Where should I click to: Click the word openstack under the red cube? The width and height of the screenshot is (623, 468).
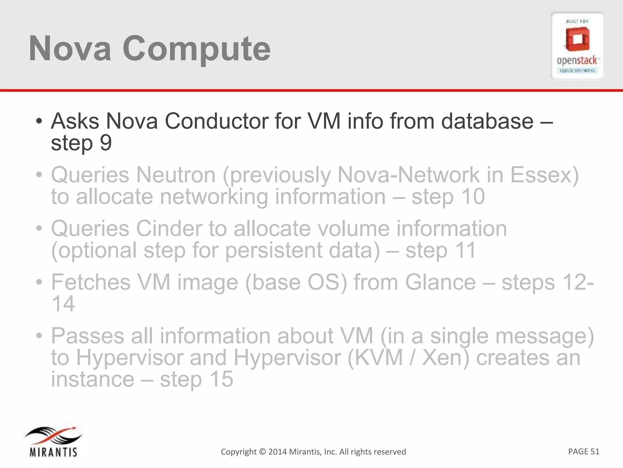(577, 61)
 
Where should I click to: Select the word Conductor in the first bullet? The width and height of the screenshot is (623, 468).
(216, 121)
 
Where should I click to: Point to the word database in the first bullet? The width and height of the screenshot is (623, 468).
(487, 121)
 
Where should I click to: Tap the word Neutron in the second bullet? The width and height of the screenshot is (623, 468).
(176, 175)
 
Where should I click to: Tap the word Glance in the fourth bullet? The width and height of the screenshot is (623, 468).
(440, 282)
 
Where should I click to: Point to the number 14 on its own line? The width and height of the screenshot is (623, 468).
(63, 304)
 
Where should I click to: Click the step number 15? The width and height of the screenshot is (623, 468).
(221, 379)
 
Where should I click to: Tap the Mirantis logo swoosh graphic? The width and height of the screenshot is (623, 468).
(53, 436)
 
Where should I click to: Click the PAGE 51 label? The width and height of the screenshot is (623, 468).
(583, 451)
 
